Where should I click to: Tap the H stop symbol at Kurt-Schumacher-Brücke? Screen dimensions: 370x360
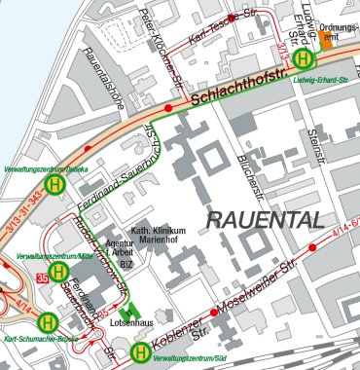pyautogui.click(x=47, y=320)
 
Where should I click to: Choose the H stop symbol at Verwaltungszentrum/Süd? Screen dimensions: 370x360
pyautogui.click(x=141, y=351)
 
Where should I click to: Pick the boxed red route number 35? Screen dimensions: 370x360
pyautogui.click(x=42, y=279)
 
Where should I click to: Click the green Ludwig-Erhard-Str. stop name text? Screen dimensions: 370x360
pyautogui.click(x=321, y=79)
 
